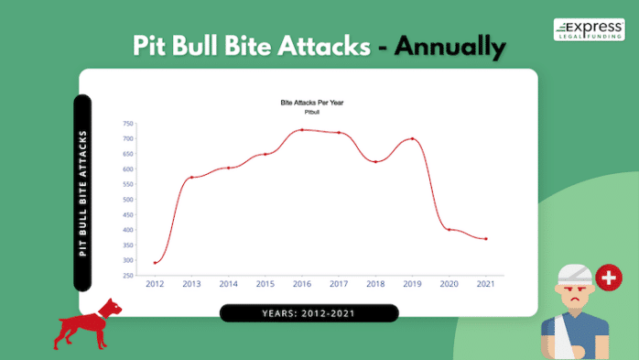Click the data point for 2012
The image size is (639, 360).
coord(156,263)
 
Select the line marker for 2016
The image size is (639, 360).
coord(302,130)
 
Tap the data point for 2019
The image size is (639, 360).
coord(412,139)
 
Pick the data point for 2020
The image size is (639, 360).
coord(449,229)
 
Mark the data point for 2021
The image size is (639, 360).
coord(485,239)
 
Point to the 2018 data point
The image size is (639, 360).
coord(375,162)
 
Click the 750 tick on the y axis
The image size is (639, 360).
coord(128,124)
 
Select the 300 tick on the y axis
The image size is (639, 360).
coord(128,260)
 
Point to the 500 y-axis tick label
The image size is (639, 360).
coord(128,200)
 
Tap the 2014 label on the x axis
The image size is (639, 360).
coord(229,284)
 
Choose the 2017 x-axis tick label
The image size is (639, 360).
coord(339,284)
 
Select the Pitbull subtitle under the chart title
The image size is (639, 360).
coord(311,111)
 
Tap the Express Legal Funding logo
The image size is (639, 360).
coord(589,30)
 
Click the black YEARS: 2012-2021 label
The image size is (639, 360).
coord(309,313)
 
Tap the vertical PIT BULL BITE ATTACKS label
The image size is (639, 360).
coord(82,192)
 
